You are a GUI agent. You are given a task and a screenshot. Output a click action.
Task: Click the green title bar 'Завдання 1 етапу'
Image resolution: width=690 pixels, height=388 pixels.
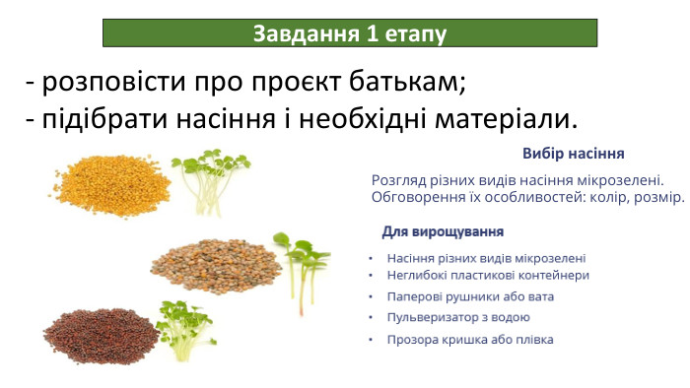tap(350, 33)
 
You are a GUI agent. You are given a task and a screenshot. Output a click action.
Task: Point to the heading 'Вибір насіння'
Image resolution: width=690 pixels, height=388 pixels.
tap(572, 155)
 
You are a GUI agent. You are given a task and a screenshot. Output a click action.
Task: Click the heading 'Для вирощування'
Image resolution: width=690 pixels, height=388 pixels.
tap(443, 231)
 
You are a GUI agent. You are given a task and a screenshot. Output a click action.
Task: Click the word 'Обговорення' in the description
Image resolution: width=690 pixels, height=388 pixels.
tap(418, 197)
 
